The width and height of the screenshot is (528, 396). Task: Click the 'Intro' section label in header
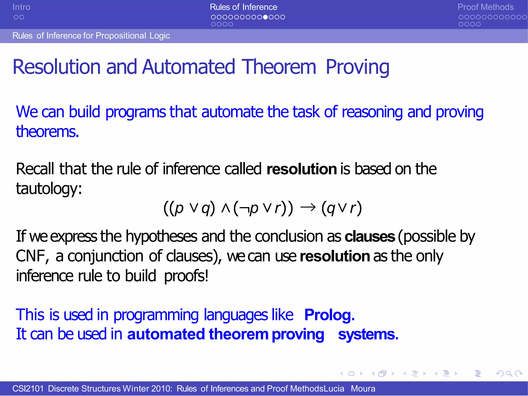click(x=21, y=7)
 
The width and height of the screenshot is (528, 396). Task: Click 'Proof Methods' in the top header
click(x=485, y=7)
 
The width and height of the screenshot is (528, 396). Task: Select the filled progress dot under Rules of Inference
click(x=266, y=17)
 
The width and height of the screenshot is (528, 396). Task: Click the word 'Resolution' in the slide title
click(x=56, y=67)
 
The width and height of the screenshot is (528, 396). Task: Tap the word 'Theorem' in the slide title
click(x=279, y=67)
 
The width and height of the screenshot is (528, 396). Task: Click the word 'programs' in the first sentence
click(x=136, y=112)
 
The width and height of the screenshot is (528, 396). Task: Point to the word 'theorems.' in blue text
click(x=47, y=132)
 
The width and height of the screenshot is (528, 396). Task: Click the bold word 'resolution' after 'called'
click(x=302, y=169)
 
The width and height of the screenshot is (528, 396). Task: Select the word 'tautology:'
click(x=49, y=189)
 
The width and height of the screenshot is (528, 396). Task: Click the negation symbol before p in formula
click(x=244, y=208)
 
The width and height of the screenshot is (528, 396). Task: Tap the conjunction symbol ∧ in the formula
click(x=226, y=208)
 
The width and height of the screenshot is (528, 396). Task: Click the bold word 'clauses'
click(x=370, y=237)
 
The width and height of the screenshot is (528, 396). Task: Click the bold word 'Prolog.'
click(x=329, y=315)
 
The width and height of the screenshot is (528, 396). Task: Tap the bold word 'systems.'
click(x=368, y=334)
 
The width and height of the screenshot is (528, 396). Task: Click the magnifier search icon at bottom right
click(x=509, y=373)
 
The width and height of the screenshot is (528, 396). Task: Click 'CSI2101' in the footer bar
click(x=28, y=389)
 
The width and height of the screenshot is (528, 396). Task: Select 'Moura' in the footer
click(x=363, y=389)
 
